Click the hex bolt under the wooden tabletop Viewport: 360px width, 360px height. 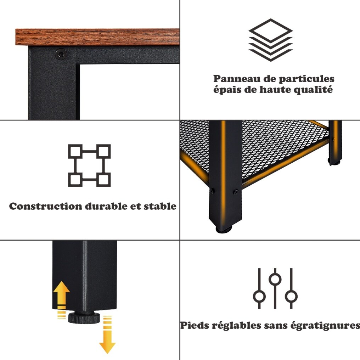61,54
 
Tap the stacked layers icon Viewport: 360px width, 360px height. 271,40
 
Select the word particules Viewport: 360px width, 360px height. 306,79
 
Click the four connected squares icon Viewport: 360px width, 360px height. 89,165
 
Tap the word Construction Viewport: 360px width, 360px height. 45,206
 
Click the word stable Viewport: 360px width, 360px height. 160,206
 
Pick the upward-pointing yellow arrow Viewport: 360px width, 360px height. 62,296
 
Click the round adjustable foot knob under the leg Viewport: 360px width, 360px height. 84,317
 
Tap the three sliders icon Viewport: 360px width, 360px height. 275,288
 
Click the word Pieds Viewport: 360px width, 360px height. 195,326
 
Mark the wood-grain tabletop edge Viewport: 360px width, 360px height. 97,37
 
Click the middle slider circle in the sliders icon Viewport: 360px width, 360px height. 275,279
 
